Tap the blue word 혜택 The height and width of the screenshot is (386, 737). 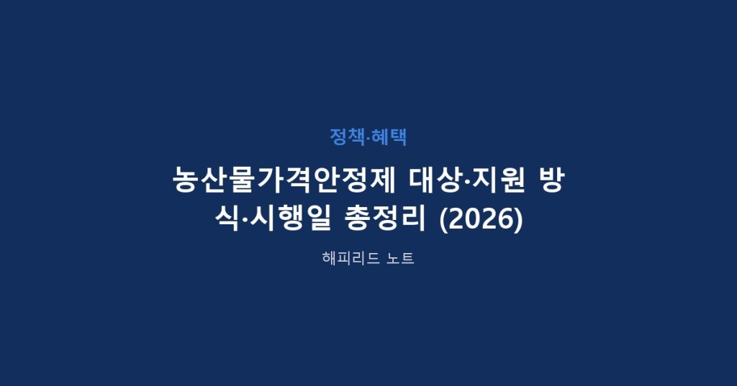pos(389,137)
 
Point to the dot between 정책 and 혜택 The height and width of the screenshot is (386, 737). pos(368,137)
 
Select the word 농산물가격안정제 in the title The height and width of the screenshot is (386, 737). pos(284,180)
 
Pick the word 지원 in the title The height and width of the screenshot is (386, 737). pos(498,180)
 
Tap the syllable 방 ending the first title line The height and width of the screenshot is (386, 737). pos(551,180)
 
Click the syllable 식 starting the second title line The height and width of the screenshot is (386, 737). pos(227,219)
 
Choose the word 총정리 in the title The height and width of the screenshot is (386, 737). pos(385,219)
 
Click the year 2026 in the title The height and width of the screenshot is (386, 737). pos(480,219)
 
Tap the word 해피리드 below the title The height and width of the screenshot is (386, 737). pos(351,258)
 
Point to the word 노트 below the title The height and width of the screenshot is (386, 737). pos(400,258)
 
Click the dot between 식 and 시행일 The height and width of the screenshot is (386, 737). pos(245,219)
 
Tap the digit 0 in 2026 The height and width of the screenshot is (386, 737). pos(472,219)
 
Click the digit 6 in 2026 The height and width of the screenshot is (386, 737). pos(505,219)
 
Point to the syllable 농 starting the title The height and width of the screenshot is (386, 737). pos(186,180)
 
